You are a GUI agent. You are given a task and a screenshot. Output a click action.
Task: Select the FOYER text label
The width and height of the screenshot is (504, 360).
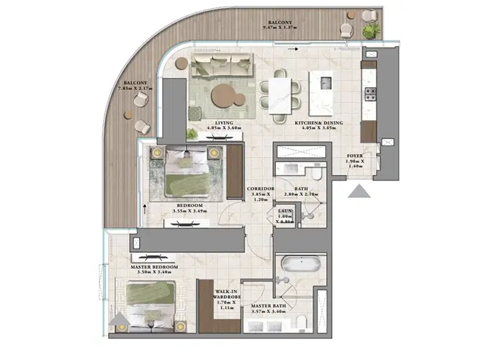[x=355, y=153]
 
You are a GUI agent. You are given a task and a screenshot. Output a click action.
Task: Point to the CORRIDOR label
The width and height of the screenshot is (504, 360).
[x=258, y=189]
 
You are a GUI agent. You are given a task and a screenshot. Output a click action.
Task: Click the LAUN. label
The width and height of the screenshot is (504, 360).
[x=287, y=212]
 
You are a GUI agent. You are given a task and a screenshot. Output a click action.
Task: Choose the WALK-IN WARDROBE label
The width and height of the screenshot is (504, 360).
[x=228, y=293]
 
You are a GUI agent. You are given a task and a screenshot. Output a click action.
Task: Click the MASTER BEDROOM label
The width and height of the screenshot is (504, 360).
[x=155, y=266]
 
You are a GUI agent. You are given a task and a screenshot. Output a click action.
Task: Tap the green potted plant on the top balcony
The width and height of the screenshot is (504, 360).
[x=372, y=31]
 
